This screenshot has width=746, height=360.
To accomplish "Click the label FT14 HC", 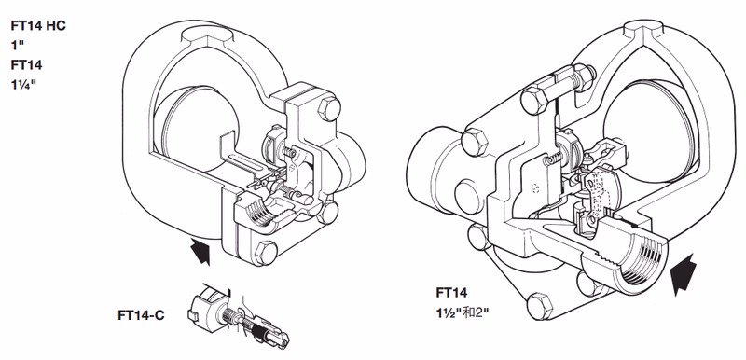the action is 38,26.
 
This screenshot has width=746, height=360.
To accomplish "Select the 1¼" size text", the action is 24,85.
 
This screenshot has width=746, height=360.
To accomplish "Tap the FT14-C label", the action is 141,315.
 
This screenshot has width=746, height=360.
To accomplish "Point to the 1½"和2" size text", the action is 463,313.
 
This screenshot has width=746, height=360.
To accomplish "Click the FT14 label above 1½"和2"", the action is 451,293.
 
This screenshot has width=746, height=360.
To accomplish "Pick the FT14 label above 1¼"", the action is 26,64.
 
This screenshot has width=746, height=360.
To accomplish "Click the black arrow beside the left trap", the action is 200,251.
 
